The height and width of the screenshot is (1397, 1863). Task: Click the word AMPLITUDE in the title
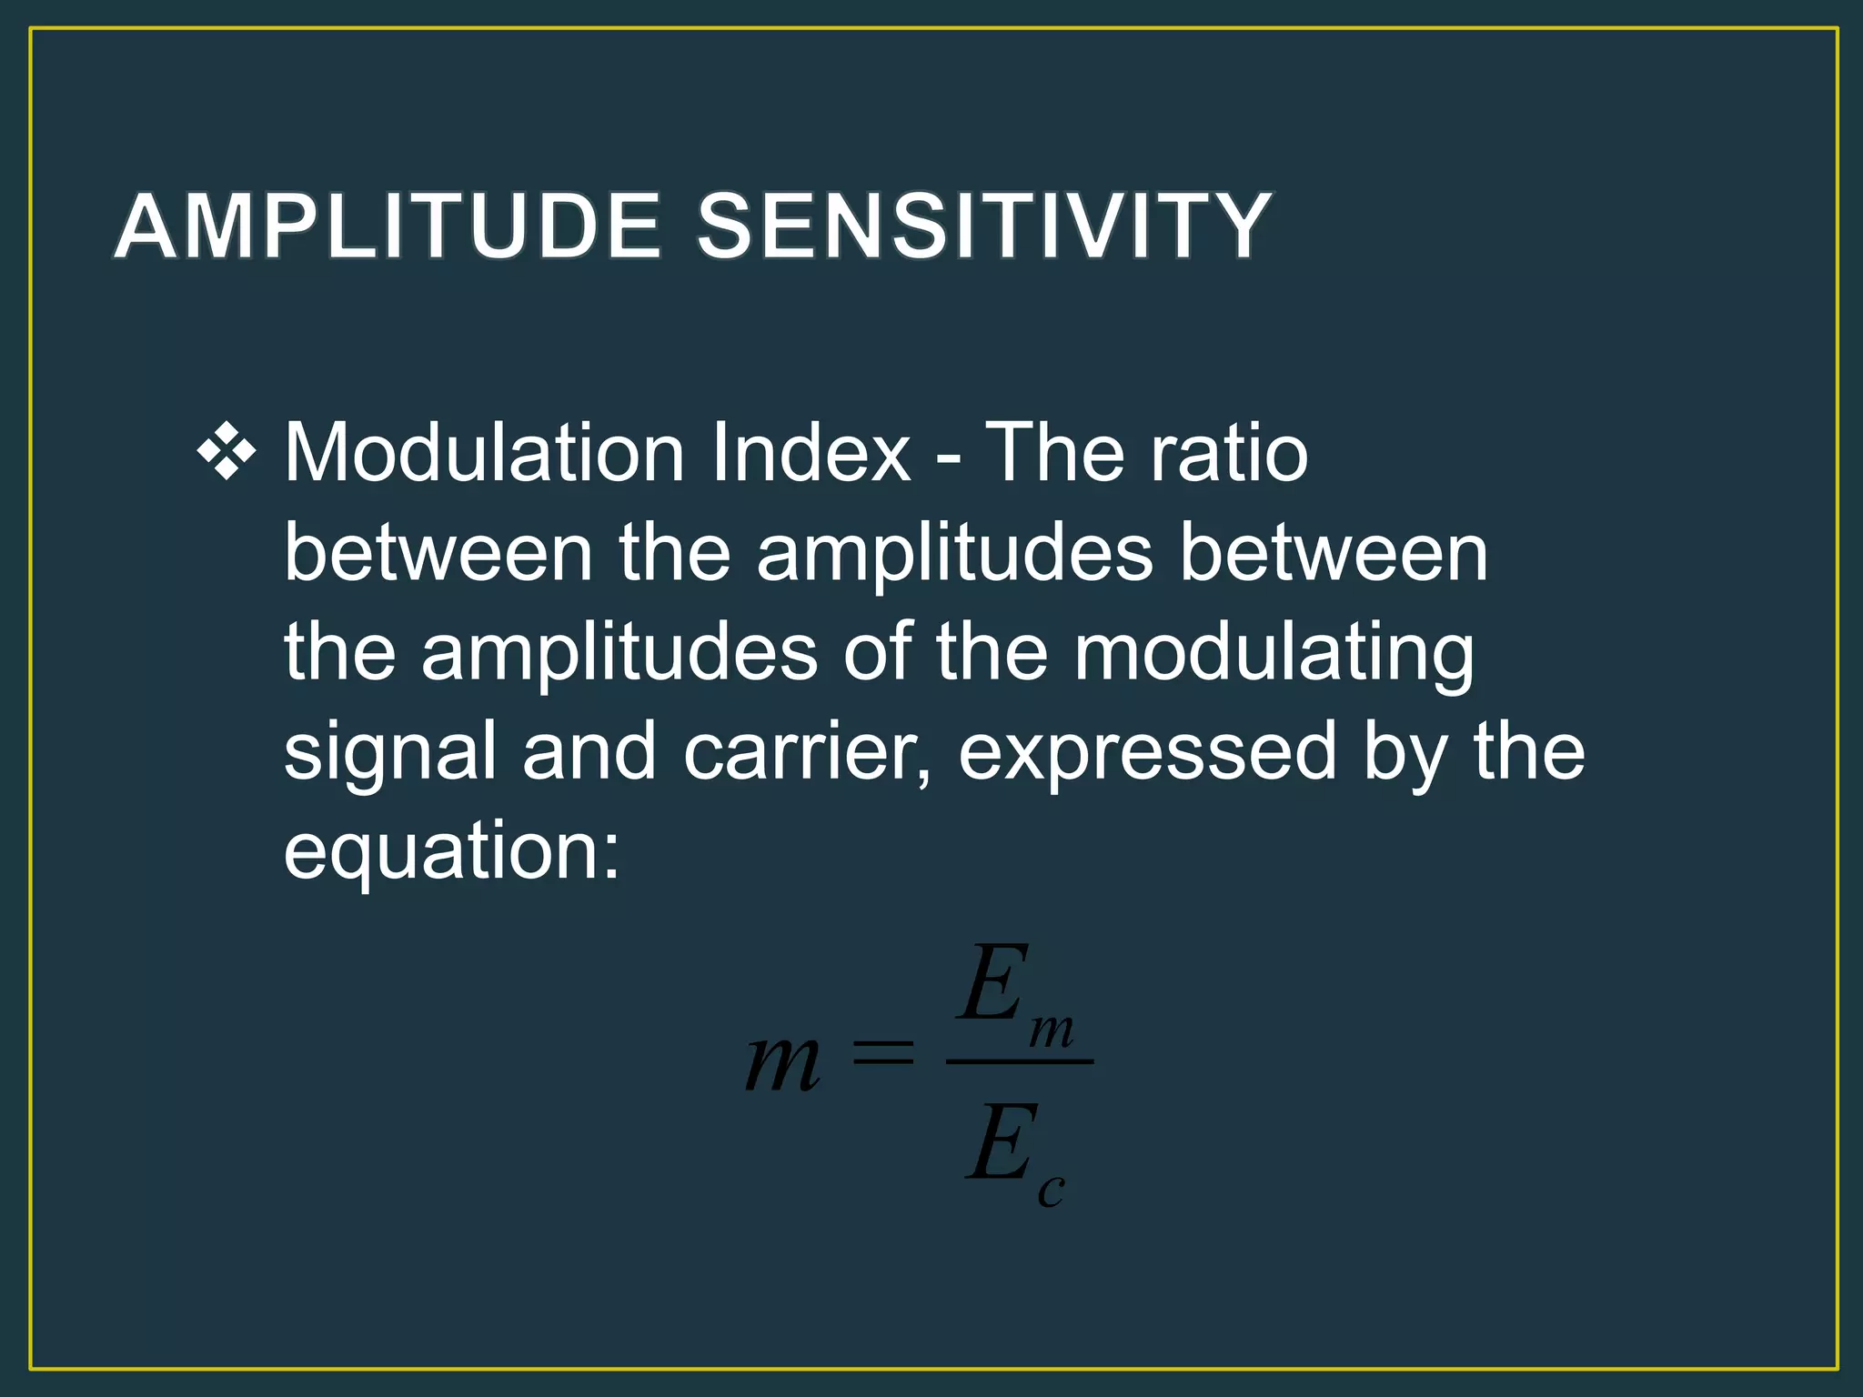pyautogui.click(x=387, y=226)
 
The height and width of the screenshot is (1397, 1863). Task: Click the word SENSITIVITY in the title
pyautogui.click(x=983, y=226)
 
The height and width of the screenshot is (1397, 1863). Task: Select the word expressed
pyautogui.click(x=1147, y=752)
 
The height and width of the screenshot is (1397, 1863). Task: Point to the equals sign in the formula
pyautogui.click(x=881, y=1055)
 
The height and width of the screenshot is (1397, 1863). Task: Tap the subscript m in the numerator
pyautogui.click(x=1052, y=1031)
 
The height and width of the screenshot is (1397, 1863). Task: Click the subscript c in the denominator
pyautogui.click(x=1051, y=1190)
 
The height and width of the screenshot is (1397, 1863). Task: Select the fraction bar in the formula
pyautogui.click(x=1019, y=1061)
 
